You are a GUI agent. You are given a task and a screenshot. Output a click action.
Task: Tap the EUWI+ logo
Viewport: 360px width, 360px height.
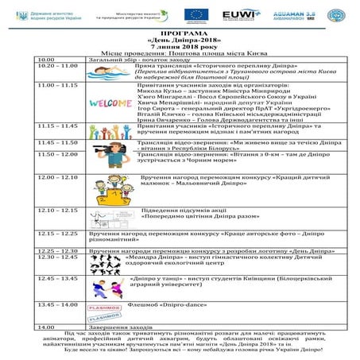(x=240, y=14)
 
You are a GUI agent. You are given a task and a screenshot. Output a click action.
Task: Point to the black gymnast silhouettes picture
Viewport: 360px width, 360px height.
(x=101, y=265)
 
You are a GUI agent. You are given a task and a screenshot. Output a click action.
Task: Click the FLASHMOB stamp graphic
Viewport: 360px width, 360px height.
(x=104, y=311)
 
